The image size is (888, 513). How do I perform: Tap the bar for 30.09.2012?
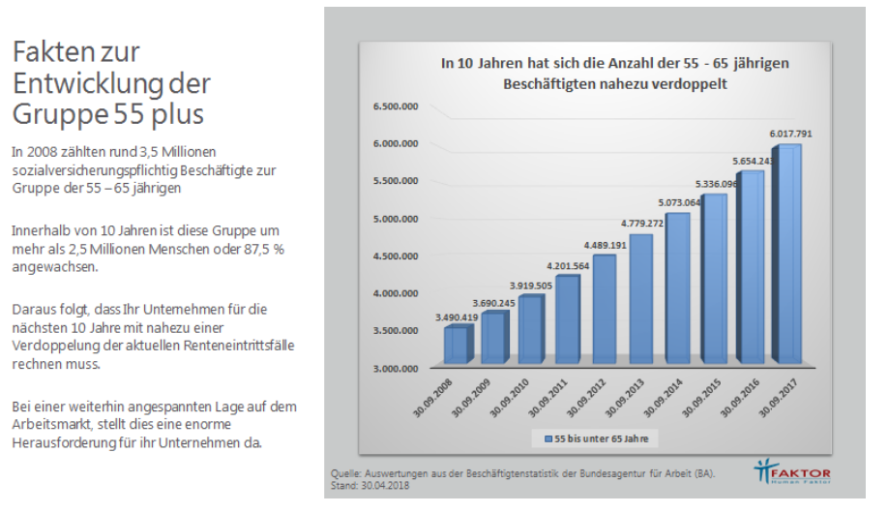[605, 309]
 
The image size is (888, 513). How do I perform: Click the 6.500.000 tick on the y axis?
[396, 106]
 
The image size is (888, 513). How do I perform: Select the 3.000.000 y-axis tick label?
[396, 369]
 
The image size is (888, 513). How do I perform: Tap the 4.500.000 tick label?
[396, 256]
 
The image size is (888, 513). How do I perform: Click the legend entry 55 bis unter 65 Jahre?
[595, 439]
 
